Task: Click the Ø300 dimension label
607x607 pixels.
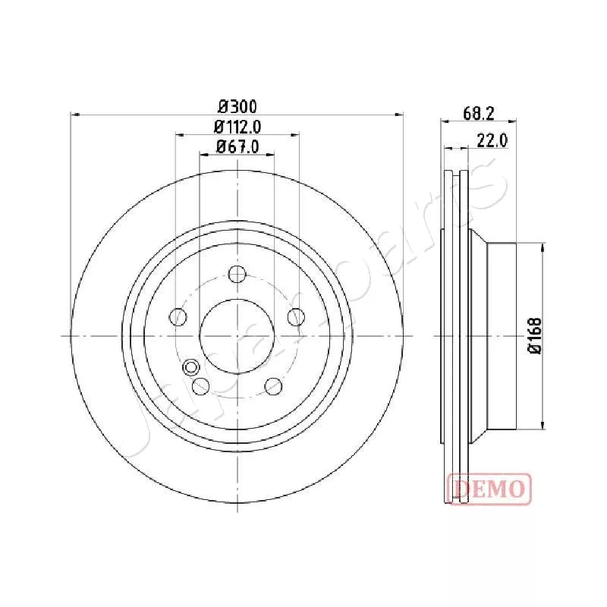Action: click(x=237, y=106)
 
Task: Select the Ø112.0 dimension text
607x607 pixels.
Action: click(x=237, y=127)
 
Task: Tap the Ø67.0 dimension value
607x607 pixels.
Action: click(x=237, y=146)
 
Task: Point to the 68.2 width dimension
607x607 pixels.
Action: click(x=479, y=113)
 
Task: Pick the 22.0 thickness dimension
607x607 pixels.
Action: click(x=492, y=140)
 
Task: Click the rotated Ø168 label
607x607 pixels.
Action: click(x=536, y=335)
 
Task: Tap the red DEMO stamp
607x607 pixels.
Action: click(x=489, y=489)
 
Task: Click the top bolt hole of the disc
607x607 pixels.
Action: click(x=237, y=274)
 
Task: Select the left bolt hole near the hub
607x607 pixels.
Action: click(x=178, y=317)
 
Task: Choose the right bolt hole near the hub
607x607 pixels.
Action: click(x=296, y=317)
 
